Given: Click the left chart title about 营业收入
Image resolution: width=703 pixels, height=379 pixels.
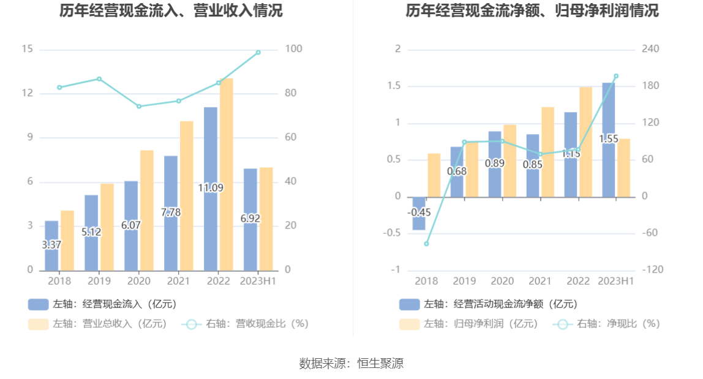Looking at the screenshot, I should pyautogui.click(x=171, y=10).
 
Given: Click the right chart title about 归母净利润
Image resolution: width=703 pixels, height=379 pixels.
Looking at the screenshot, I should pyautogui.click(x=532, y=10).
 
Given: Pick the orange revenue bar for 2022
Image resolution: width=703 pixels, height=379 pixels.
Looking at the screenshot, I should pyautogui.click(x=227, y=174).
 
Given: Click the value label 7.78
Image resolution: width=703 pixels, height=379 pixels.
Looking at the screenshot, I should pyautogui.click(x=171, y=212).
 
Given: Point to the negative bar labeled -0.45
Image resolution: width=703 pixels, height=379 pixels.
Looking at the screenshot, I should pyautogui.click(x=419, y=214).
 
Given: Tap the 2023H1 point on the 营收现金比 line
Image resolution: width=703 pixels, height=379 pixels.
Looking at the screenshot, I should pyautogui.click(x=258, y=53).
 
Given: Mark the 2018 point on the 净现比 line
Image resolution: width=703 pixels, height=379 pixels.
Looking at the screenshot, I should pyautogui.click(x=426, y=244).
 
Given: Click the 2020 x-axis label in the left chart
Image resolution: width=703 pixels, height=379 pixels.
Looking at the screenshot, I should pyautogui.click(x=138, y=281).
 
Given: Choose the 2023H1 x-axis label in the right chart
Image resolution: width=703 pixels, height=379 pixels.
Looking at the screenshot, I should pyautogui.click(x=615, y=281).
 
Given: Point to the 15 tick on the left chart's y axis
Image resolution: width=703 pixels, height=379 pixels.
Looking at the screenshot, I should pyautogui.click(x=27, y=49).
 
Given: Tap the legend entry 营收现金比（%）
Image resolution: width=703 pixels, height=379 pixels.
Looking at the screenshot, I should pyautogui.click(x=245, y=324).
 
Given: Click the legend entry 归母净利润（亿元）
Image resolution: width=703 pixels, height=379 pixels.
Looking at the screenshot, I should pyautogui.click(x=468, y=324).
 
